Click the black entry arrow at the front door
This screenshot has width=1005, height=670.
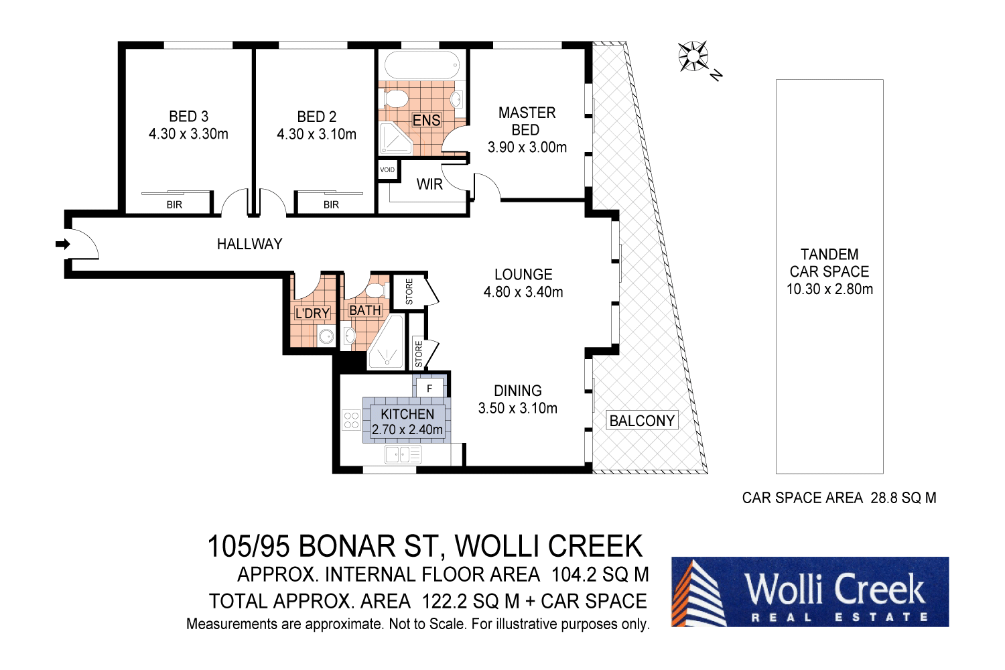pyautogui.click(x=63, y=245)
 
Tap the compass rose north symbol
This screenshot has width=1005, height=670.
pyautogui.click(x=693, y=56)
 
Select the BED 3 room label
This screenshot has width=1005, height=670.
pyautogui.click(x=188, y=117)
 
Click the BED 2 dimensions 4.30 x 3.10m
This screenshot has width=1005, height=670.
pyautogui.click(x=316, y=134)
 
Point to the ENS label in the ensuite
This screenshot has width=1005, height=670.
pyautogui.click(x=426, y=121)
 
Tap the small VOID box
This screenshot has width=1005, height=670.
pyautogui.click(x=387, y=170)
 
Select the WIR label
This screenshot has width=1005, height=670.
pyautogui.click(x=429, y=184)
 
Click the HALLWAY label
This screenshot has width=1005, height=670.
pyautogui.click(x=249, y=245)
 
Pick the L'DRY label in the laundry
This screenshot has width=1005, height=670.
pyautogui.click(x=312, y=313)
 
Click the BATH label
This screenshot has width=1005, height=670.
pyautogui.click(x=365, y=310)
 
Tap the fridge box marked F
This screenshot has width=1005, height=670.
pyautogui.click(x=429, y=388)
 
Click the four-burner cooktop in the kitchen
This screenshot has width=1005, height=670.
pyautogui.click(x=351, y=420)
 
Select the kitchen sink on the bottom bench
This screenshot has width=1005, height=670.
pyautogui.click(x=403, y=455)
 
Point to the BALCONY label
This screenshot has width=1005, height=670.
pyautogui.click(x=642, y=421)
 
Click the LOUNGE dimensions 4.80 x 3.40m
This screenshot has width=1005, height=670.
pyautogui.click(x=523, y=292)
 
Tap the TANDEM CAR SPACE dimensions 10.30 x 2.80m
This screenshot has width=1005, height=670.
pyautogui.click(x=829, y=289)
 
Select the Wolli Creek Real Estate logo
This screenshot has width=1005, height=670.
pyautogui.click(x=809, y=592)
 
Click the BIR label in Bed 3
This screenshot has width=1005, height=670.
pyautogui.click(x=174, y=205)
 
